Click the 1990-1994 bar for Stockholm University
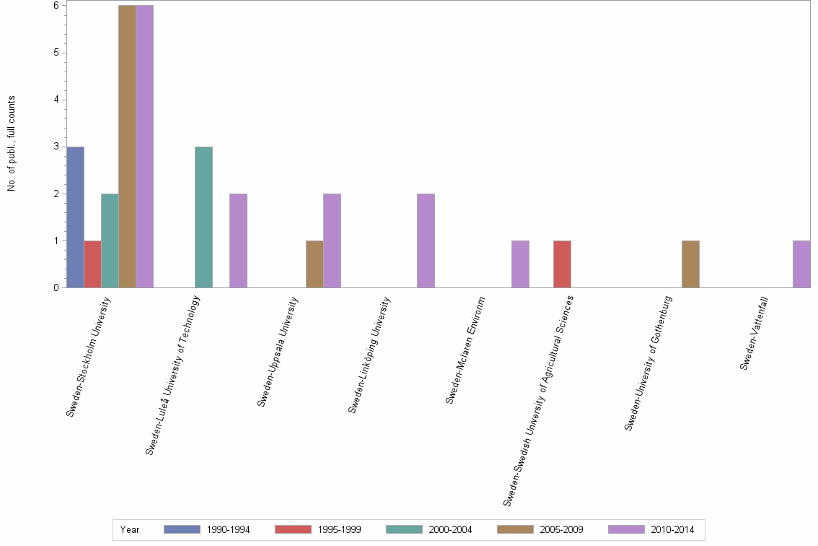click(75, 217)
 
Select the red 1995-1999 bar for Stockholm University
click(92, 264)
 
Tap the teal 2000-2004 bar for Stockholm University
click(110, 240)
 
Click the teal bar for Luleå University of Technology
click(203, 217)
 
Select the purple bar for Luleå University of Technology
click(238, 240)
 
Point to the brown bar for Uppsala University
click(315, 264)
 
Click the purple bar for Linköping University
click(426, 240)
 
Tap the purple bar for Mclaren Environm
click(520, 264)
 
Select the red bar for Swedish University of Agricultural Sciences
click(562, 264)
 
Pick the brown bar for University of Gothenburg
click(690, 264)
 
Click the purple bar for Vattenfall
click(801, 264)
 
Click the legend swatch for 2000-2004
click(405, 529)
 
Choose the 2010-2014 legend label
click(672, 529)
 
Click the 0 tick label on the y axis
click(56, 288)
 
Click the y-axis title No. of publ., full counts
click(12, 144)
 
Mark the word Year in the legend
click(130, 529)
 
